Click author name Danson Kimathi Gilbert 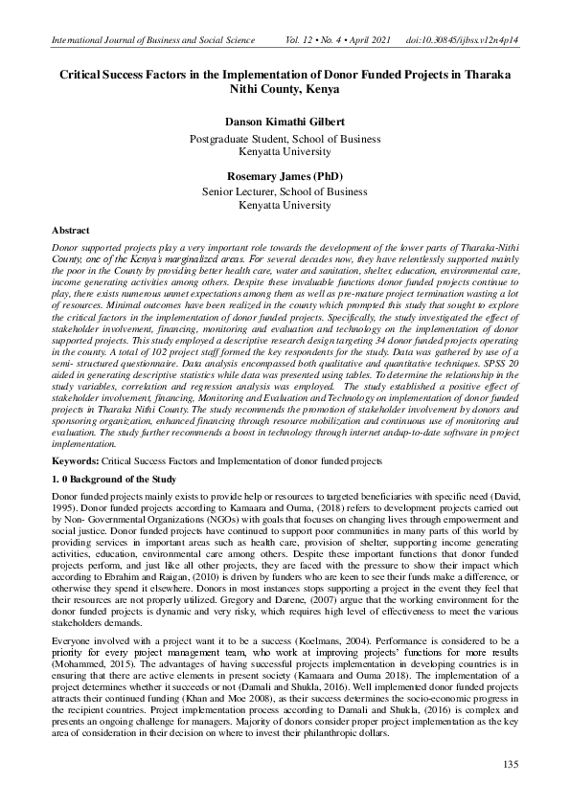pos(285,123)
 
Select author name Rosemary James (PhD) pos(285,177)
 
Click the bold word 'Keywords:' pos(75,460)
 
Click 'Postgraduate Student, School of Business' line pos(285,138)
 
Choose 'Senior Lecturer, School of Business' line pos(285,191)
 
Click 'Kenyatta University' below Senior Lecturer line pos(285,205)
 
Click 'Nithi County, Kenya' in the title pos(285,89)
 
